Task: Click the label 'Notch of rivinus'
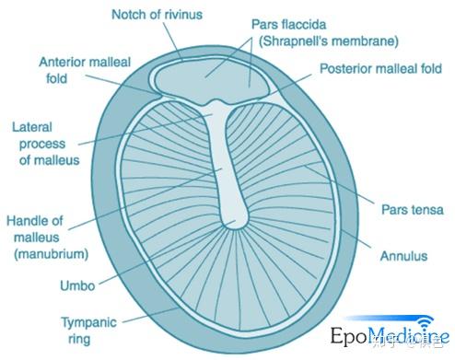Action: (157, 16)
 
